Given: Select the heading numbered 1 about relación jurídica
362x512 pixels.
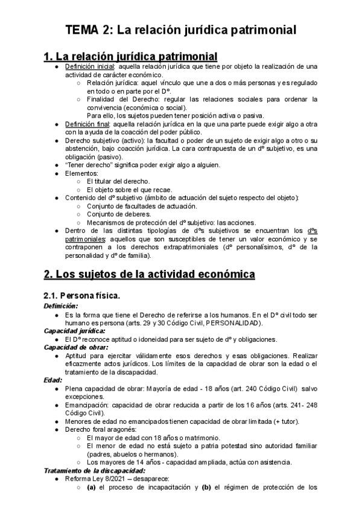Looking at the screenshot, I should point(130,56).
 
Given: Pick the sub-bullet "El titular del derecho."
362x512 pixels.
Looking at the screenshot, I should point(118,181).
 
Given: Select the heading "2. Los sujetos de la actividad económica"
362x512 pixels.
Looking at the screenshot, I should point(150,274).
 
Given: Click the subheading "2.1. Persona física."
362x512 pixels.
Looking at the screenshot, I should point(82,295).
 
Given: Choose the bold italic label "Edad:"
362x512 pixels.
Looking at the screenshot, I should point(52,380).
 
